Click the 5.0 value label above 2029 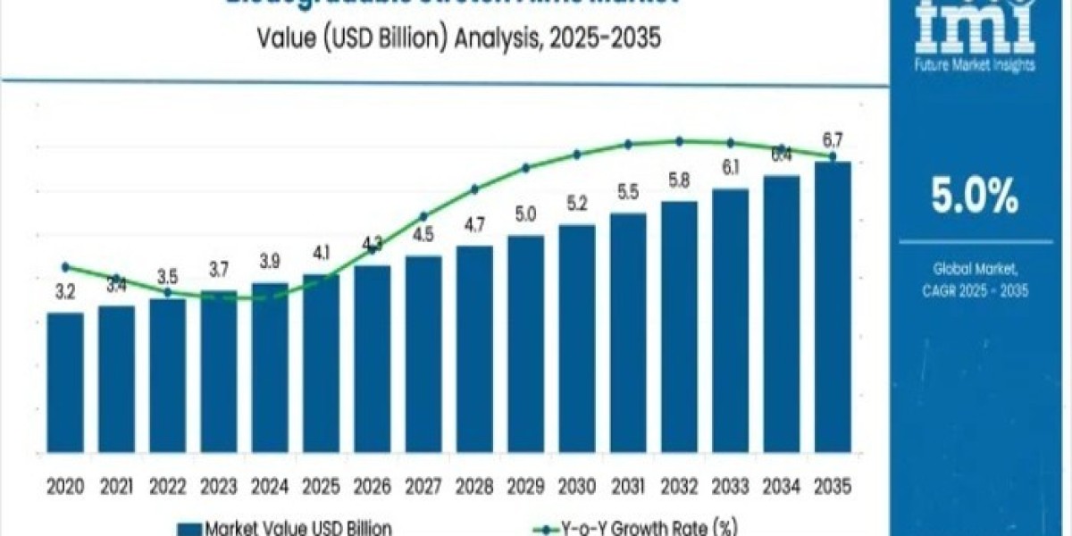(525, 214)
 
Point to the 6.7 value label (832, 139)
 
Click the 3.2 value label (64, 291)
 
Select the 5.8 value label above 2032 (679, 180)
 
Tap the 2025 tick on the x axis (321, 487)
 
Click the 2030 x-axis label (576, 487)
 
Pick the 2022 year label (167, 487)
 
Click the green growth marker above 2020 (65, 266)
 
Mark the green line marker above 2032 (679, 141)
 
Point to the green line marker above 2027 (423, 216)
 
